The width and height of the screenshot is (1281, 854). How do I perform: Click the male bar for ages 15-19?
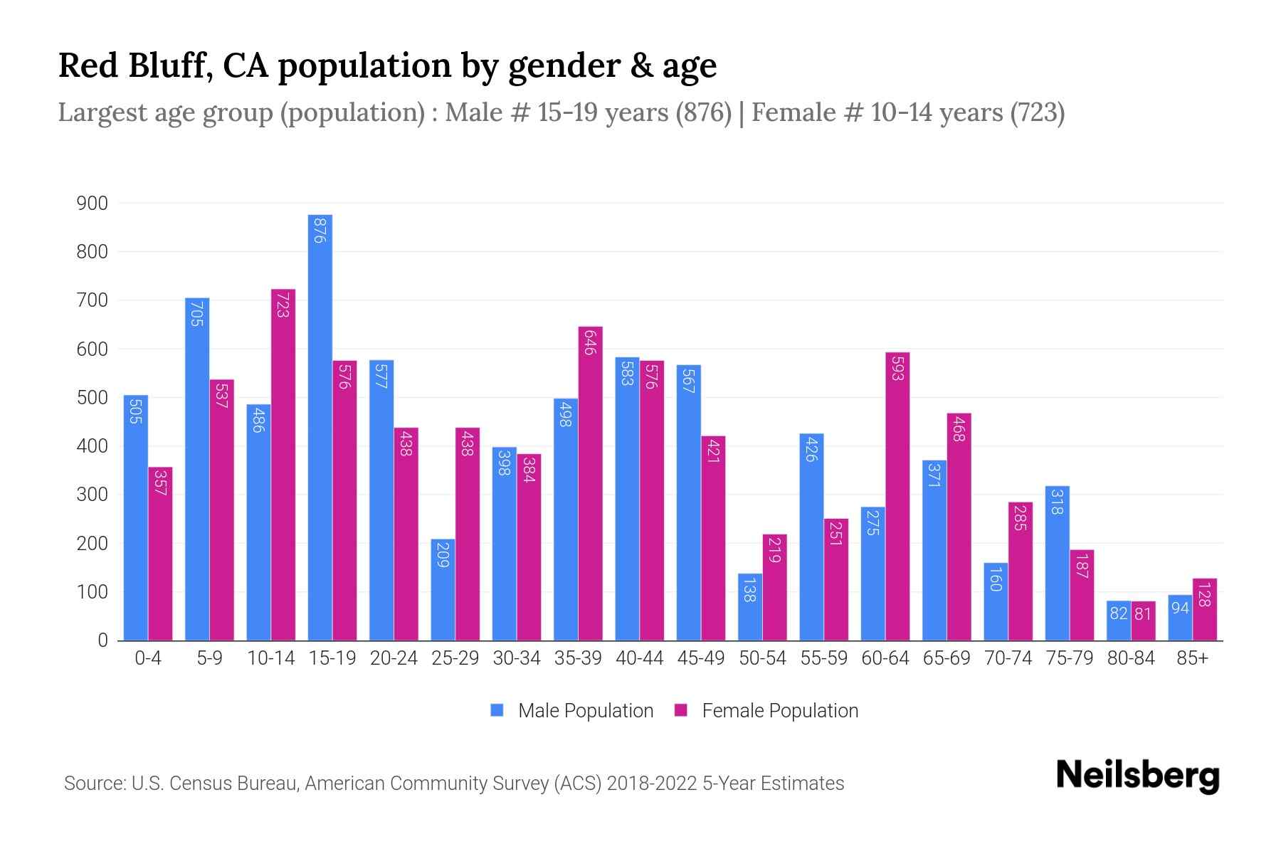coord(320,427)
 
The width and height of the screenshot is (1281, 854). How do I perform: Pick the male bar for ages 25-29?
coord(443,590)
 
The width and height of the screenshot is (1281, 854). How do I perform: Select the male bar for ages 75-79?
coord(1057,563)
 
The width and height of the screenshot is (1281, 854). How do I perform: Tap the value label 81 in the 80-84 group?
coord(1143,613)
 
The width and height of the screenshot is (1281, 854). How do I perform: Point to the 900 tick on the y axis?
coord(93,204)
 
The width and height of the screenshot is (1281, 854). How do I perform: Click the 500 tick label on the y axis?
coord(93,398)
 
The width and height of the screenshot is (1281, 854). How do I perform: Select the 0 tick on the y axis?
coord(102,640)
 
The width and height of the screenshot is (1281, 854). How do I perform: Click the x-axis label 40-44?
coord(639,658)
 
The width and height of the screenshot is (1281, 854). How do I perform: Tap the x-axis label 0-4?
coord(148,658)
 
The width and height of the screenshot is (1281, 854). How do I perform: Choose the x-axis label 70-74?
coord(1008,658)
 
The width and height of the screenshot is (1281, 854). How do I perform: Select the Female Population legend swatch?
coord(681,710)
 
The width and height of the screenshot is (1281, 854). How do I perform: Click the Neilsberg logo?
coord(1137,775)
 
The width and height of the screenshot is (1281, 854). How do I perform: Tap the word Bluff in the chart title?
coord(171,65)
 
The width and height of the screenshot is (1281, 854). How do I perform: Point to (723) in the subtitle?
coord(1037,112)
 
